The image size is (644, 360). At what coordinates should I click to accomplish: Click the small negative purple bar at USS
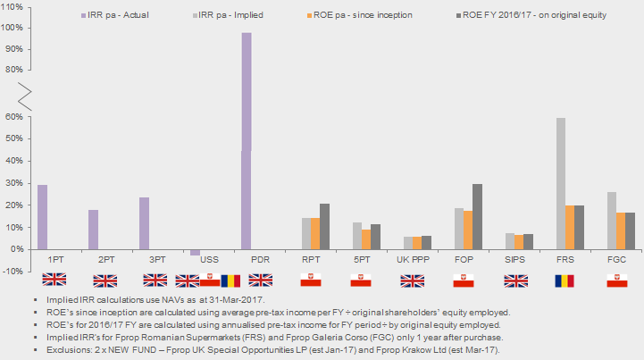[x=195, y=252]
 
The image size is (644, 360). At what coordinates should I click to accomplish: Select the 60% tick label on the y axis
[x=13, y=116]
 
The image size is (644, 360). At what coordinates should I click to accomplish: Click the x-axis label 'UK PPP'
[x=411, y=259]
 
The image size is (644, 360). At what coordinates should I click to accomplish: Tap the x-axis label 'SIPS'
[x=514, y=259]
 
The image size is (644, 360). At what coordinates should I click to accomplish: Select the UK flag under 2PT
[x=105, y=280]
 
